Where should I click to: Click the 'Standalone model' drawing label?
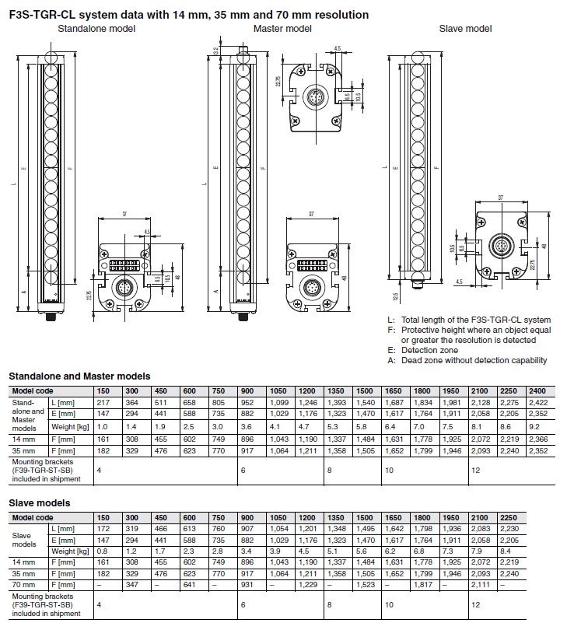click(x=96, y=29)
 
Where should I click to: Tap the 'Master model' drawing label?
click(x=282, y=29)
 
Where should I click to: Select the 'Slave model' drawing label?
click(x=465, y=29)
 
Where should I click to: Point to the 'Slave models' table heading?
click(x=40, y=503)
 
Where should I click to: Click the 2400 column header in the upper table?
click(x=536, y=390)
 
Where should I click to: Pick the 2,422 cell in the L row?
click(x=536, y=403)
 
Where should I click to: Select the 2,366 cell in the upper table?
click(x=536, y=439)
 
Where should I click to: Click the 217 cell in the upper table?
click(x=103, y=403)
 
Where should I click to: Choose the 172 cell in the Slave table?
click(x=103, y=530)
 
